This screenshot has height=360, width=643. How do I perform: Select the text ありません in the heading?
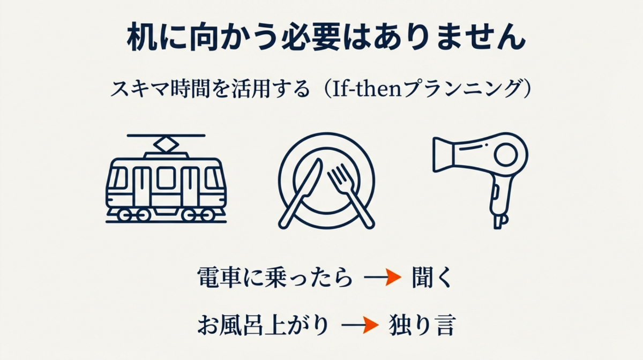pos(442,39)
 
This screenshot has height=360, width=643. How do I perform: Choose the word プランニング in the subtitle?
pos(461,88)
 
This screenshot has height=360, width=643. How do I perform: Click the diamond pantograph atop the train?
pos(166,144)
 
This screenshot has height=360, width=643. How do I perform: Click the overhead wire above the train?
pos(166,136)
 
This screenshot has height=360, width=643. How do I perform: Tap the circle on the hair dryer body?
pos(505,156)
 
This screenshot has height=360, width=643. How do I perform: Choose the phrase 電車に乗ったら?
pos(275,277)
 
